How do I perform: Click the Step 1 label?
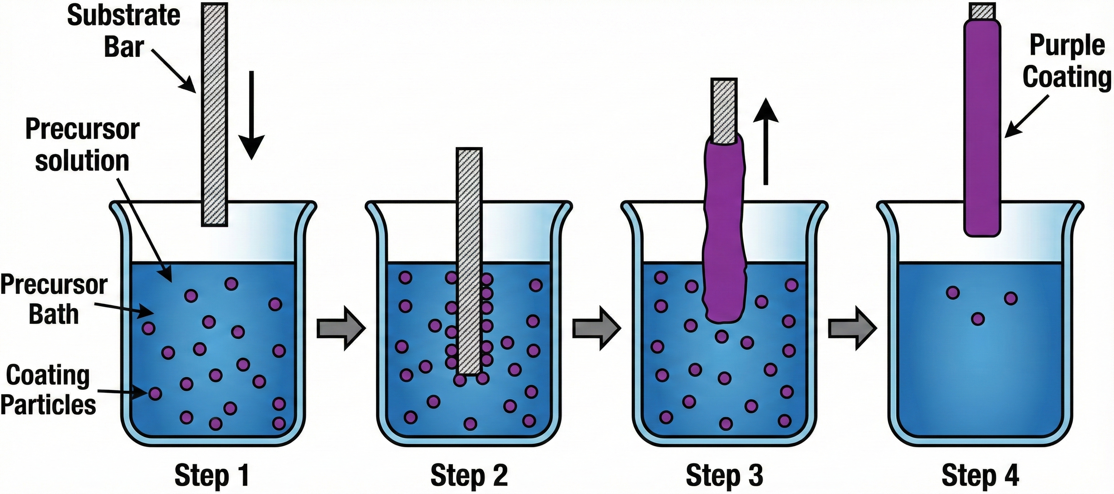212,475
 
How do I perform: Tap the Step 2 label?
469,475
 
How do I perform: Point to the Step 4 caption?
980,475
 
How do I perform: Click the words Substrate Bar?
124,31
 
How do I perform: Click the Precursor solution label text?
82,145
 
